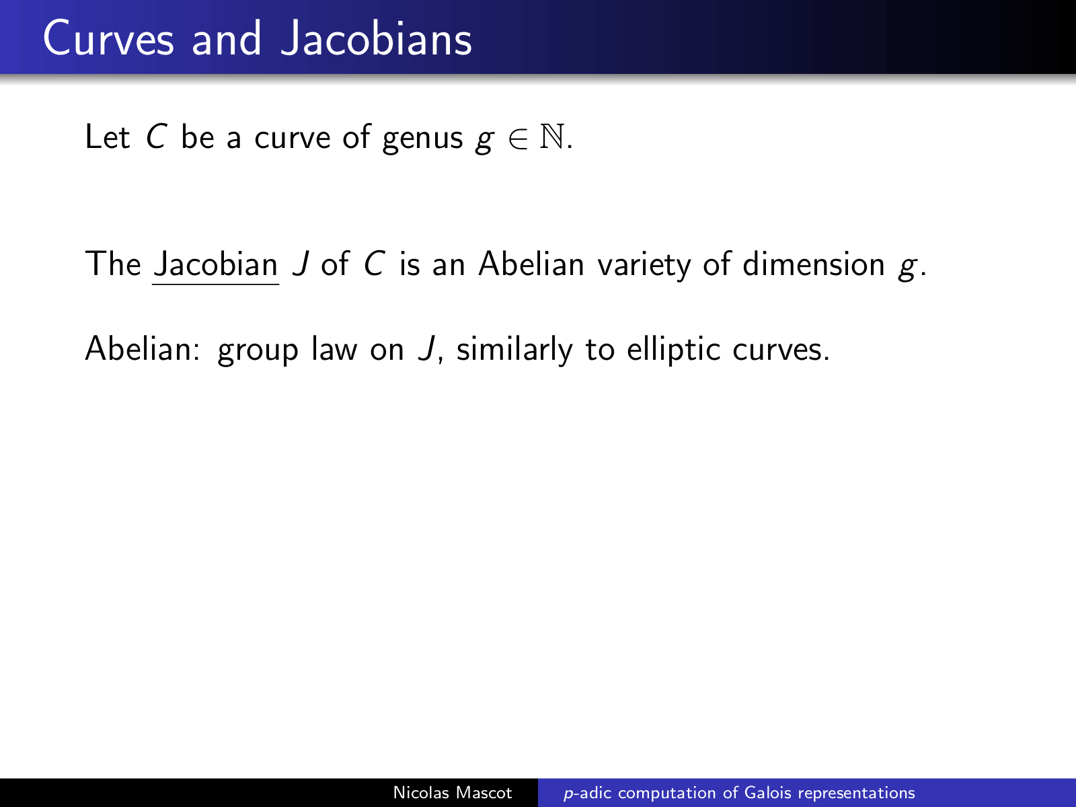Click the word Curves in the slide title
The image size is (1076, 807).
pyautogui.click(x=108, y=39)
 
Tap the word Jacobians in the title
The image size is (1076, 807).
pyautogui.click(x=376, y=39)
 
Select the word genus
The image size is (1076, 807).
pyautogui.click(x=422, y=139)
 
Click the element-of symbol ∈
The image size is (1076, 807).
pyautogui.click(x=518, y=138)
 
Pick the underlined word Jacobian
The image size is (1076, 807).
pyautogui.click(x=216, y=264)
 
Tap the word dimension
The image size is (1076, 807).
pyautogui.click(x=813, y=264)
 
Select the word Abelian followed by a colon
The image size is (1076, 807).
pyautogui.click(x=143, y=349)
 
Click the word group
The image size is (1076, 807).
pyautogui.click(x=258, y=352)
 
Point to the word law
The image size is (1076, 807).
pyautogui.click(x=334, y=349)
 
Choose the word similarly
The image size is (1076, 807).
pyautogui.click(x=514, y=351)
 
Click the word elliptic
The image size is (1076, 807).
pyautogui.click(x=674, y=351)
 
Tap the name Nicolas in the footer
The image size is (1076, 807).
pyautogui.click(x=421, y=792)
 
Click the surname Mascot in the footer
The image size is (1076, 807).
pyautogui.click(x=484, y=792)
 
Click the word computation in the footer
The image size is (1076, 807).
pyautogui.click(x=666, y=794)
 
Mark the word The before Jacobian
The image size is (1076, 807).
pyautogui.click(x=113, y=264)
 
